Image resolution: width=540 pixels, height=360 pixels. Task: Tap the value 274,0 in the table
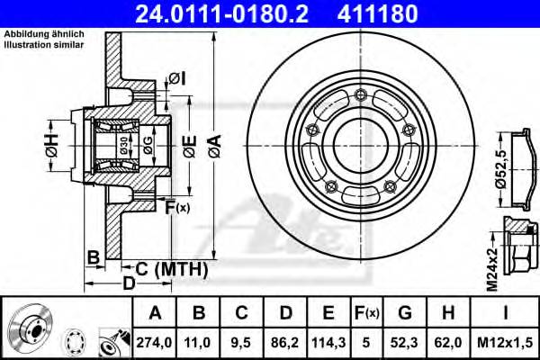(155, 342)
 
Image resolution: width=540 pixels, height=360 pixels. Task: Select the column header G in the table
(405, 313)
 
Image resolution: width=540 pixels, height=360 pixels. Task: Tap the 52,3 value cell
(405, 342)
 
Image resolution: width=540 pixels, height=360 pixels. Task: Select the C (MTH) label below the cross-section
(171, 269)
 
